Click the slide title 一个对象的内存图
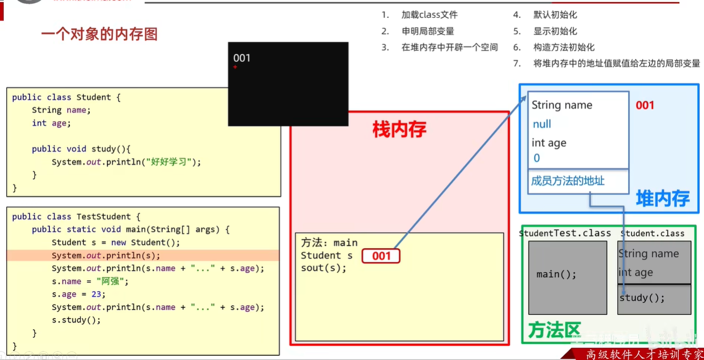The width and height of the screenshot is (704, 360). pyautogui.click(x=99, y=34)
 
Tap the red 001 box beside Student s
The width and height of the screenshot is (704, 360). pyautogui.click(x=381, y=256)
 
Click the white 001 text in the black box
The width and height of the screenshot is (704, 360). pyautogui.click(x=241, y=58)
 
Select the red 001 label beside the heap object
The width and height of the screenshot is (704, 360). pyautogui.click(x=645, y=105)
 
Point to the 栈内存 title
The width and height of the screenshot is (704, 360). pyautogui.click(x=399, y=129)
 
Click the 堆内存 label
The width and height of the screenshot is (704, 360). pyautogui.click(x=663, y=199)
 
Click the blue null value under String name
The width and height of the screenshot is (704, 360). pyautogui.click(x=542, y=124)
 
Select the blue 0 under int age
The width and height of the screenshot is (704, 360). pyautogui.click(x=537, y=158)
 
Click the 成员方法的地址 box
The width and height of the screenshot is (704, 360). pyautogui.click(x=578, y=181)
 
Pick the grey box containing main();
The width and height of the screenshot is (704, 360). pyautogui.click(x=567, y=277)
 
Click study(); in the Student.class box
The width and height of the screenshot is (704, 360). pyautogui.click(x=642, y=298)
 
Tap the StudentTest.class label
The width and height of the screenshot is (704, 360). pyautogui.click(x=565, y=234)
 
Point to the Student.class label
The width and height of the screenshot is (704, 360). pyautogui.click(x=652, y=234)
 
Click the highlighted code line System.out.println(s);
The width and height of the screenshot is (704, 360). pyautogui.click(x=106, y=256)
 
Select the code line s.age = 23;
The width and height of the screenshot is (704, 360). pyautogui.click(x=79, y=294)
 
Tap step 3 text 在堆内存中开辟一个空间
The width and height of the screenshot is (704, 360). pyautogui.click(x=450, y=47)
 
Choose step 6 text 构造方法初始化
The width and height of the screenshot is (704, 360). pyautogui.click(x=564, y=47)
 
